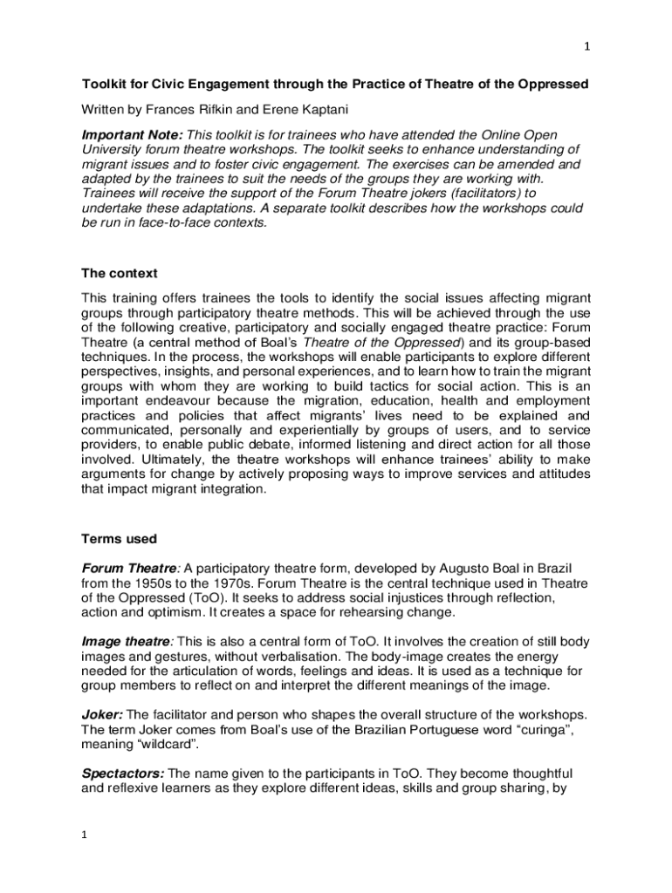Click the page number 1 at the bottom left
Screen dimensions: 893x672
(84, 835)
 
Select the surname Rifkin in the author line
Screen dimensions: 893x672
(216, 110)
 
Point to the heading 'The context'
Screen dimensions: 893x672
(120, 273)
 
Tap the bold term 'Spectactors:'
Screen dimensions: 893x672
(122, 773)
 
